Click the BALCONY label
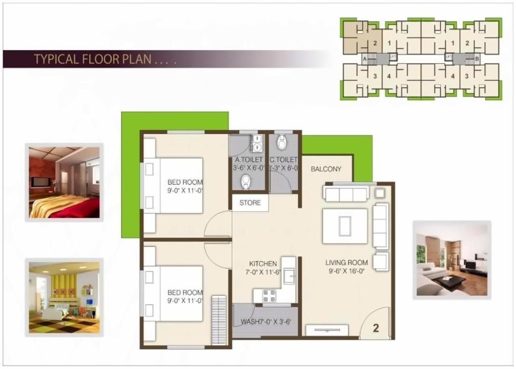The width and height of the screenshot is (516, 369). click(326, 169)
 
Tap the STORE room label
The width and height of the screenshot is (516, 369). click(250, 203)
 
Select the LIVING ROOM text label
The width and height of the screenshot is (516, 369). click(346, 263)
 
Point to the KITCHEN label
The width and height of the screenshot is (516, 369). click(263, 264)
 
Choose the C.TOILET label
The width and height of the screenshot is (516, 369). click(283, 160)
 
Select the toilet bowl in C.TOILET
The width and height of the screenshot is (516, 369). click(282, 141)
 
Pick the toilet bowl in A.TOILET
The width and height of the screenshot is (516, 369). click(246, 182)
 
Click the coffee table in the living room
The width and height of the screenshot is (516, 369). click(345, 226)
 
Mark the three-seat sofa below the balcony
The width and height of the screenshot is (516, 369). click(346, 194)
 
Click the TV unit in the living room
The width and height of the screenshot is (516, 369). click(327, 331)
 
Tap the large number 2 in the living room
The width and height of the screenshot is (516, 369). click(376, 328)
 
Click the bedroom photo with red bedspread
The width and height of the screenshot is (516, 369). click(64, 182)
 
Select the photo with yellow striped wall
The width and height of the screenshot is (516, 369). click(64, 298)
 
